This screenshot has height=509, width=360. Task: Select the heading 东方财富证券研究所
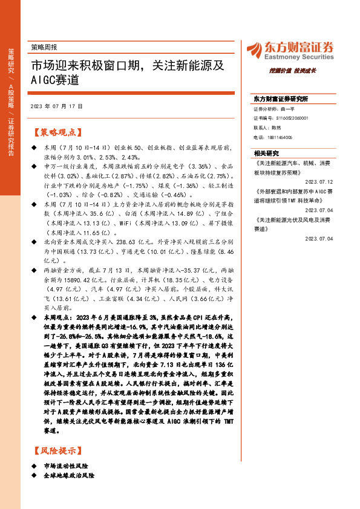pos(281,99)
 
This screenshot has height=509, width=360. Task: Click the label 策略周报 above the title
pos(44,47)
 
